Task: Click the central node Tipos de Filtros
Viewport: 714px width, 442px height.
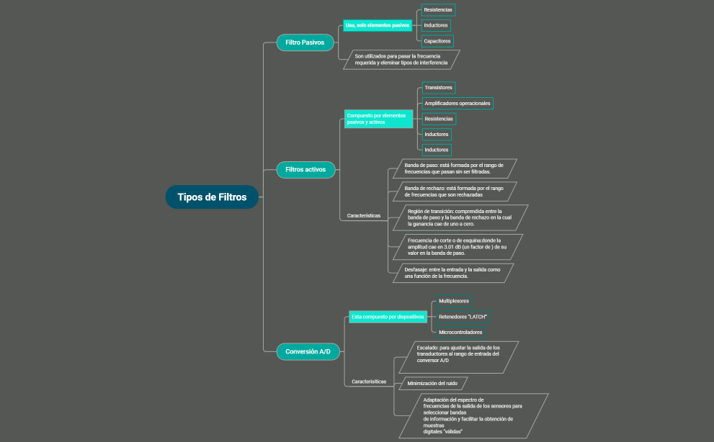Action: (x=212, y=197)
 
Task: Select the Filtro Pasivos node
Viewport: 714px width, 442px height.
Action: (x=305, y=42)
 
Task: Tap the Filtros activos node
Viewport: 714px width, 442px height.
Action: (x=305, y=170)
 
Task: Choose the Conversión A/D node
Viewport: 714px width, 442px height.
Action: (x=308, y=351)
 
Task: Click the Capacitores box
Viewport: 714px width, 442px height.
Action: (x=437, y=41)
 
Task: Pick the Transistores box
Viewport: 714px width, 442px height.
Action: (x=438, y=88)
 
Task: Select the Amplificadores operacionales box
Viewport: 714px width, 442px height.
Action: (x=457, y=104)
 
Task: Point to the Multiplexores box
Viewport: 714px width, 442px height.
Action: (x=453, y=300)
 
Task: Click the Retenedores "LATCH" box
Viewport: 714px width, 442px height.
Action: (x=463, y=317)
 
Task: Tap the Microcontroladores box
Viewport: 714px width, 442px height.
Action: (x=460, y=333)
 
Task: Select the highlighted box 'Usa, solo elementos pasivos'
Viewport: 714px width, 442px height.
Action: (x=378, y=25)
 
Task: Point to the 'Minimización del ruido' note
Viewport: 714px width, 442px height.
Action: (x=432, y=384)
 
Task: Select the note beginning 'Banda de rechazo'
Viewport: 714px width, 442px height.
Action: (x=452, y=191)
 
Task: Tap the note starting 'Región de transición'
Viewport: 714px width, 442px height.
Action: (x=457, y=217)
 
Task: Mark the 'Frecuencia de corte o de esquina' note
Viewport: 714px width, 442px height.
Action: (x=455, y=246)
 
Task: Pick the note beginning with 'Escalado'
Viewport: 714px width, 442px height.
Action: (x=458, y=353)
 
